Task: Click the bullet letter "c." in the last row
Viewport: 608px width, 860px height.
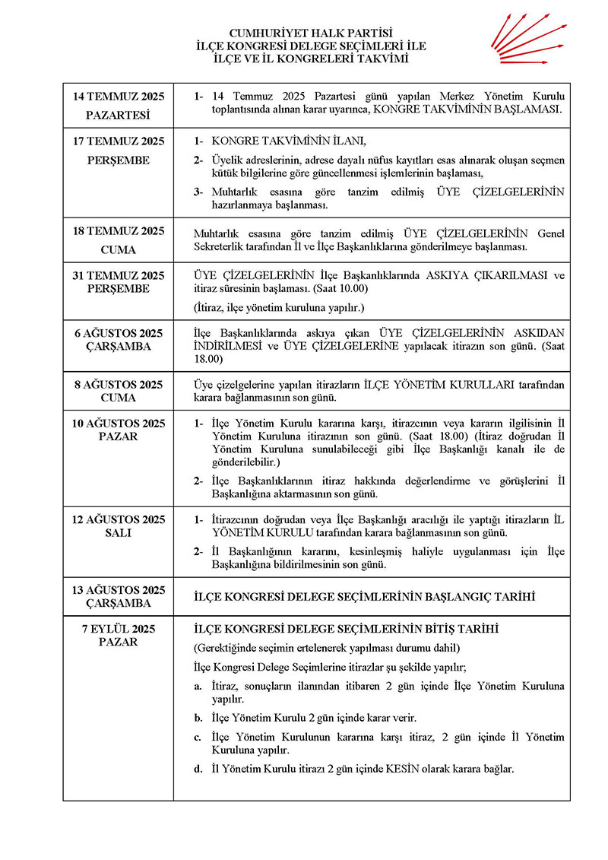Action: coord(198,737)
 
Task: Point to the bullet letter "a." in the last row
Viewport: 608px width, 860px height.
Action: coord(198,686)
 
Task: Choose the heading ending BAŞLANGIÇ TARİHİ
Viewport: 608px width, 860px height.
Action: coord(366,597)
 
